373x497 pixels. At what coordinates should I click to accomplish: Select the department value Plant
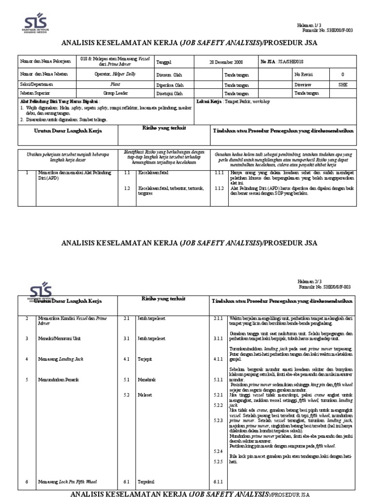(x=115, y=83)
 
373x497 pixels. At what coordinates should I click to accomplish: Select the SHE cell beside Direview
(x=342, y=83)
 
